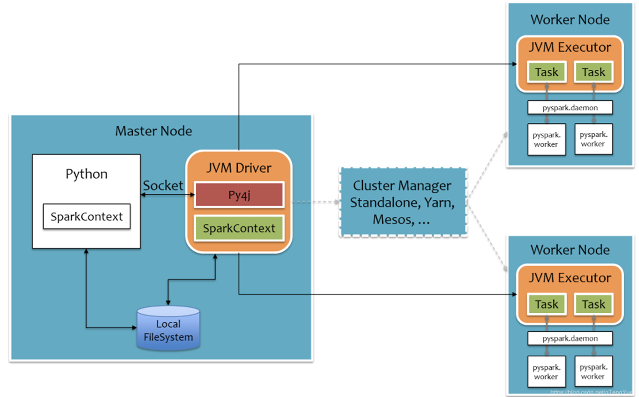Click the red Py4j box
coord(239,194)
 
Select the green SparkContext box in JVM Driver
coord(239,229)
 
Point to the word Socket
coord(163,185)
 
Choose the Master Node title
coord(153,131)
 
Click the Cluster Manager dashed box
coord(402,202)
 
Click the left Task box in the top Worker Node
coord(546,72)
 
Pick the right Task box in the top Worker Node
coord(594,72)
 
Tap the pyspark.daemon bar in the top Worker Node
coord(570,108)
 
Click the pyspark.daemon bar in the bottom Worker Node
coord(570,338)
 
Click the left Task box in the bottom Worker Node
coord(546,304)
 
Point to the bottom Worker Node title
coord(570,249)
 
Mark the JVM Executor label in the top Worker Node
coord(570,47)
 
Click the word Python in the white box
coord(87,174)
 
